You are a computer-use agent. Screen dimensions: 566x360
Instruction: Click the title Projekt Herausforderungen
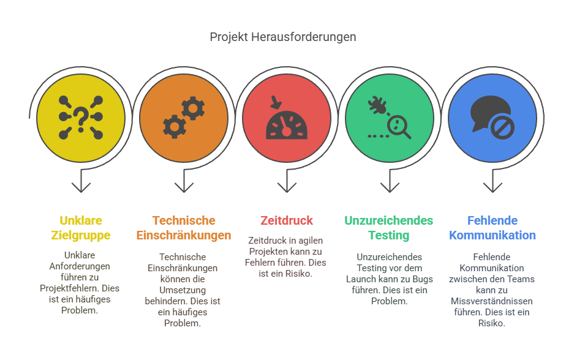283,37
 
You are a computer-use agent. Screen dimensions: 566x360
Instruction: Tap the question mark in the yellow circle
81,118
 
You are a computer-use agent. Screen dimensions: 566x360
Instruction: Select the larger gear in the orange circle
193,108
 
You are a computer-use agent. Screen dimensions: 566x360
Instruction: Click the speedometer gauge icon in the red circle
287,125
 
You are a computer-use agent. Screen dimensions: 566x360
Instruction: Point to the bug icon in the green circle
377,105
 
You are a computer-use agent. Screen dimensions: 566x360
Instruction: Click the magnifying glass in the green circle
399,127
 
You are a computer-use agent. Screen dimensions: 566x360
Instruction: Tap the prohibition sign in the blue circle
502,127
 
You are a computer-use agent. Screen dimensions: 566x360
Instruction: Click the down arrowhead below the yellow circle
81,187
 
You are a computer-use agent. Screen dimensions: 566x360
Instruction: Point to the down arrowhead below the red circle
287,187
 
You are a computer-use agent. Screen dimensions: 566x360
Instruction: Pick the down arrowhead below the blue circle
492,187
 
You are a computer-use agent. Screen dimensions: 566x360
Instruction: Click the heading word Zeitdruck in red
287,220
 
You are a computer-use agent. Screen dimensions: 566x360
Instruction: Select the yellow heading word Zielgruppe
81,236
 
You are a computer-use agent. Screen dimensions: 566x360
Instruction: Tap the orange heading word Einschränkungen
184,236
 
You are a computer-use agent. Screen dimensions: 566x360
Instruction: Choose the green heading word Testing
389,236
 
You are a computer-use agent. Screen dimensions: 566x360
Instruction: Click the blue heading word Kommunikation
492,235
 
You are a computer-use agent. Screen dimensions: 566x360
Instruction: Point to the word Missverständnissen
492,301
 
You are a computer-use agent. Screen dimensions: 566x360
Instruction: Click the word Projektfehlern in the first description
69,288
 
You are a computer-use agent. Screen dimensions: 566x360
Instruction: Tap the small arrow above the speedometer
276,102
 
